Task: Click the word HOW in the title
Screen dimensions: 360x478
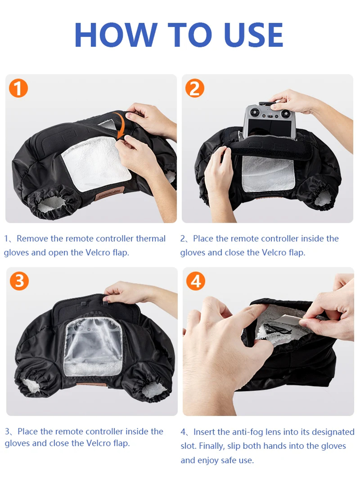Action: point(116,35)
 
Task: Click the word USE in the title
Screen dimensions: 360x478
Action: point(253,35)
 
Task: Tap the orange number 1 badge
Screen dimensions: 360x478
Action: point(18,88)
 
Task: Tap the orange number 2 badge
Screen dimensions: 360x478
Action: point(194,88)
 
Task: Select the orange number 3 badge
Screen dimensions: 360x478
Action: point(19,281)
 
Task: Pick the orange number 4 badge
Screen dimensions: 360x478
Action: point(195,281)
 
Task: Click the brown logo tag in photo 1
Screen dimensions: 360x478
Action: point(110,194)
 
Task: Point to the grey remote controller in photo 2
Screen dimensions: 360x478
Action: point(269,121)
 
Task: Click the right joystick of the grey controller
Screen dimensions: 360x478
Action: point(285,113)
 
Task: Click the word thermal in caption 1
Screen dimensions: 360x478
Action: point(151,238)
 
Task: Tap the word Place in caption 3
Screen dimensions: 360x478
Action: point(27,431)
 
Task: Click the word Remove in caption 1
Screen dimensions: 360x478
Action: point(32,238)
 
